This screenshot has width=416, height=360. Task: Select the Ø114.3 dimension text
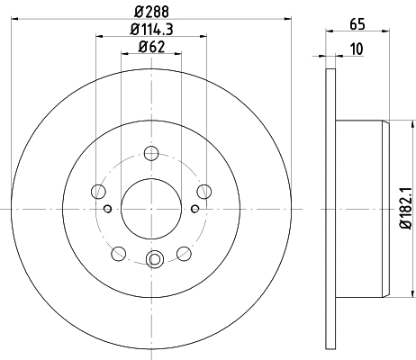point(150,34)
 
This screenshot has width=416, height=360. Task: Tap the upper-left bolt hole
point(98,190)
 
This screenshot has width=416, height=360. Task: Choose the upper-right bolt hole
point(204,190)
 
